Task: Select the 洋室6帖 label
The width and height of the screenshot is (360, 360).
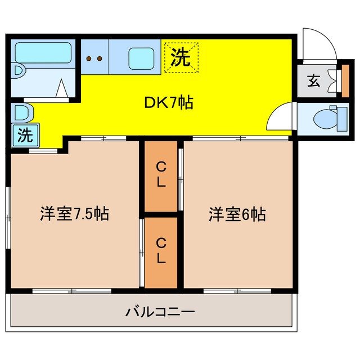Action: (237, 214)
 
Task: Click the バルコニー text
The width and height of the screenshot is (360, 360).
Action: (160, 310)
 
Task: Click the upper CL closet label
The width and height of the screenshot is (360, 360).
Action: (161, 175)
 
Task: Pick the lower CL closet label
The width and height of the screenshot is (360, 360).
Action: (161, 250)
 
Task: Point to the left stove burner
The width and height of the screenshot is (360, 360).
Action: (89, 57)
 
